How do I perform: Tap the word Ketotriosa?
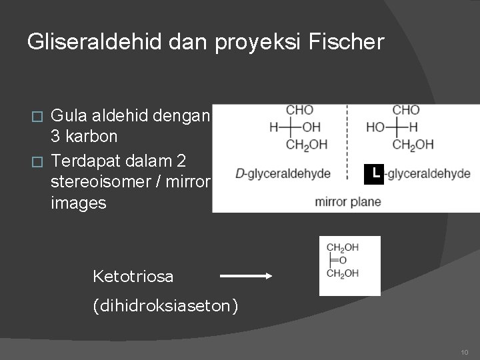133,275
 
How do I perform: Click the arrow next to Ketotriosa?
245,275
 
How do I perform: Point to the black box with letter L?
376,173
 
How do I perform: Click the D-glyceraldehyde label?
283,174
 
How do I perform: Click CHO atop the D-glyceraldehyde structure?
299,110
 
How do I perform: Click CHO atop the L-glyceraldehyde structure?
406,110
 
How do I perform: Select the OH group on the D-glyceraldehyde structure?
311,127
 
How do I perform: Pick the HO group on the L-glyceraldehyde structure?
375,127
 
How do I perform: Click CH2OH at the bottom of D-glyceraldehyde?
306,144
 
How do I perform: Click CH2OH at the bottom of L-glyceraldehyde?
413,144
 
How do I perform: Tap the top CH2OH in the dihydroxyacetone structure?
343,247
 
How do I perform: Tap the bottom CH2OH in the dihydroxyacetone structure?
343,273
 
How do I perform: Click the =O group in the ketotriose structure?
341,260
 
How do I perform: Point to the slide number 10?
464,351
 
